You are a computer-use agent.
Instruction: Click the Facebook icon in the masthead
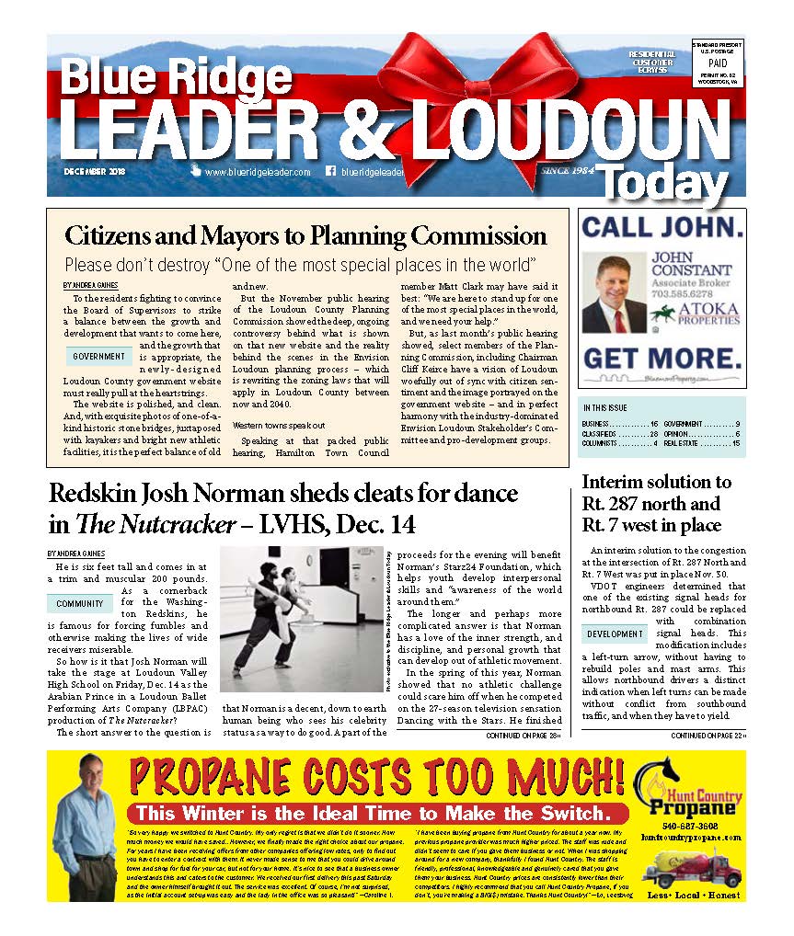coord(330,171)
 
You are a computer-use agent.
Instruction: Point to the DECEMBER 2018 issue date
coord(95,172)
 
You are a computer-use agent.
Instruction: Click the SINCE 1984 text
coord(569,171)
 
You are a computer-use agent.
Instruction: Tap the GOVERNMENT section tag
coord(99,356)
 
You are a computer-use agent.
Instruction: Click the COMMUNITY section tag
coord(79,604)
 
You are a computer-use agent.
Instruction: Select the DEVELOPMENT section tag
coord(615,634)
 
